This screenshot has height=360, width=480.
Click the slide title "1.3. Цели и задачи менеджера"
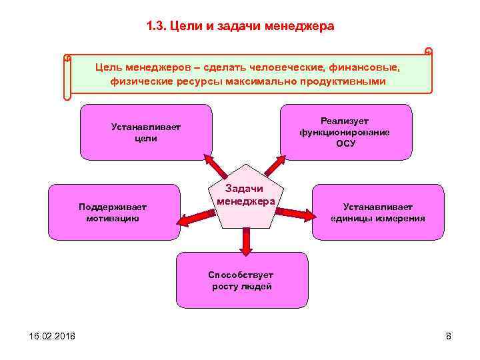(x=240, y=27)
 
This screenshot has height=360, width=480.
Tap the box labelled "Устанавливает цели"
(x=146, y=132)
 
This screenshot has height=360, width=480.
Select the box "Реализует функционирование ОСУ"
(x=345, y=132)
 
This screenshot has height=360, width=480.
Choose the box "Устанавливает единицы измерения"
(x=377, y=212)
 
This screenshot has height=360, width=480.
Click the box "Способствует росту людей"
(x=241, y=280)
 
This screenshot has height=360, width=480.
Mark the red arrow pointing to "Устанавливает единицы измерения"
(x=295, y=213)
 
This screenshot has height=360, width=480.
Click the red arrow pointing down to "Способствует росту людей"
(x=246, y=241)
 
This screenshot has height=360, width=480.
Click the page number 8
(x=449, y=336)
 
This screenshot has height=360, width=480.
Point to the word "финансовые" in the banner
(x=371, y=67)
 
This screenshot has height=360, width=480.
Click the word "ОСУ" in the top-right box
(x=345, y=143)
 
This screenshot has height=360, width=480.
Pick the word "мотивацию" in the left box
(x=113, y=218)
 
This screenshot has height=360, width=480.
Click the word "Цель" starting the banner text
(x=108, y=67)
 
